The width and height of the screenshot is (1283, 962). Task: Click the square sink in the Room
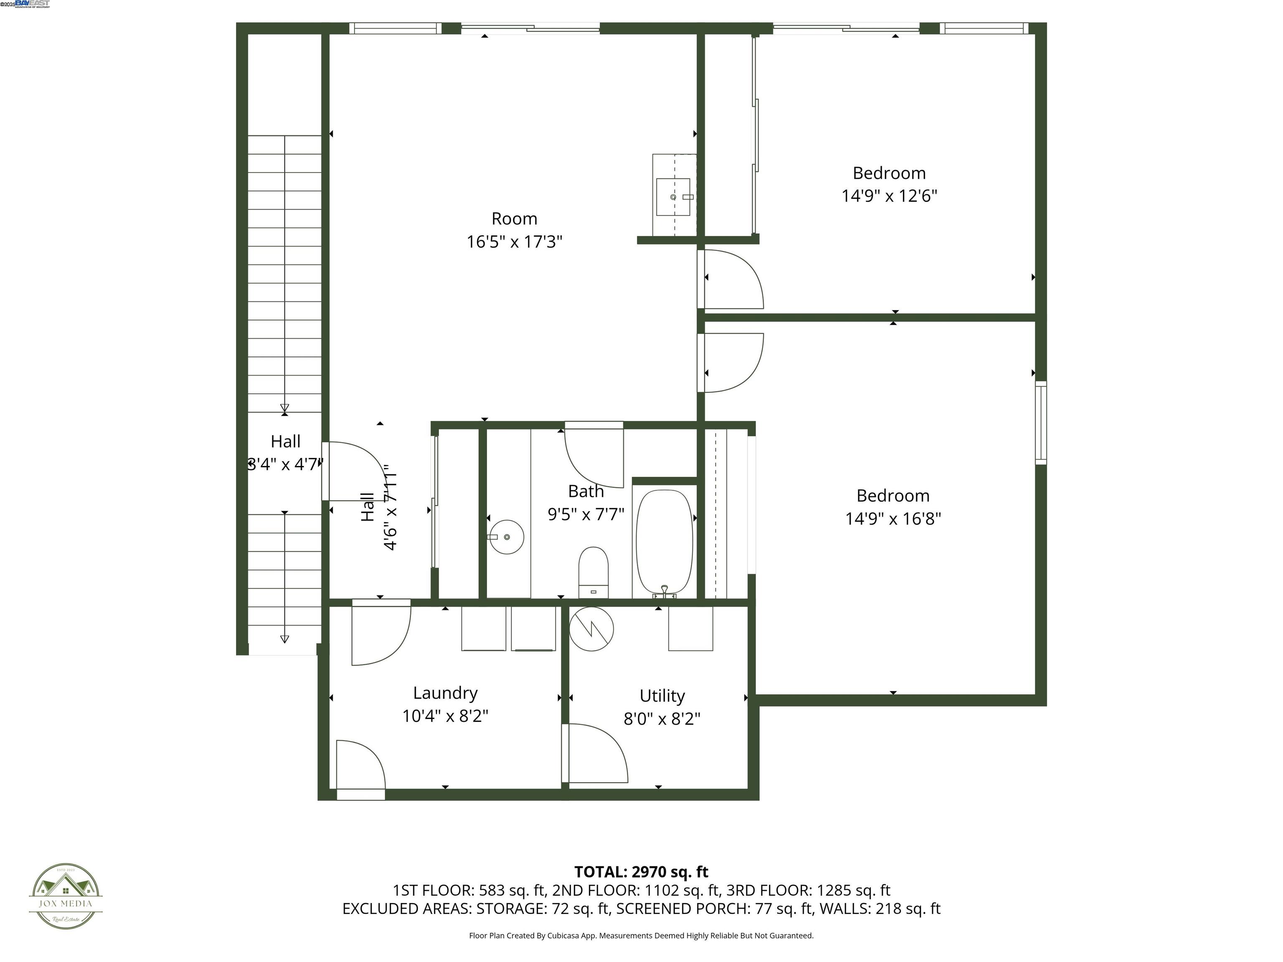pos(673,197)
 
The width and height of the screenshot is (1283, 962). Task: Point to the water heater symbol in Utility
pos(591,628)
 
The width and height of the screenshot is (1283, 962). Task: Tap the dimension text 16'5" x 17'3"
pos(515,242)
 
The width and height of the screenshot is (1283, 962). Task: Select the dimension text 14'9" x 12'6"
pos(889,196)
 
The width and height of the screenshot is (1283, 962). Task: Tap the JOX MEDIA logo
pos(66,896)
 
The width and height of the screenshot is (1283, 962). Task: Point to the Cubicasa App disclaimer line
pos(641,935)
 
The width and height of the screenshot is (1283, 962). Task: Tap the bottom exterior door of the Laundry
pos(360,771)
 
